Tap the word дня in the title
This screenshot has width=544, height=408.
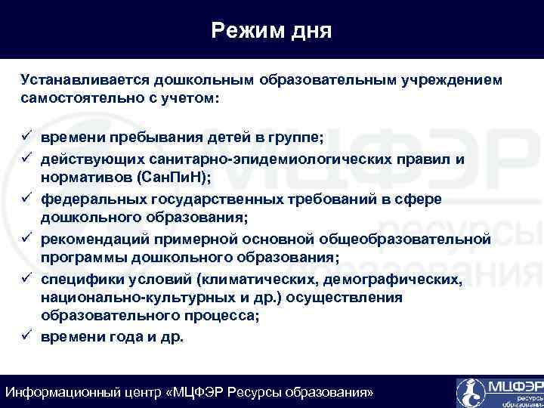310,31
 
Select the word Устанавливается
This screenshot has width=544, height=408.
85,79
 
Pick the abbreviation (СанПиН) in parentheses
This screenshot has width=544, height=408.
172,178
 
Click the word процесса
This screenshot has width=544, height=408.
221,317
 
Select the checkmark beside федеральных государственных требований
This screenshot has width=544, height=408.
26,199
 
